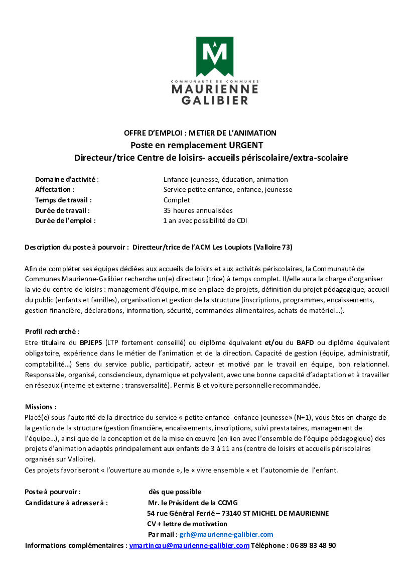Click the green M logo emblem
[214, 56]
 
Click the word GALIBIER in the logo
[215, 100]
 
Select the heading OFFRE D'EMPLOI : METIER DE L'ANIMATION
[200, 133]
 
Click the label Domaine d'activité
[66, 179]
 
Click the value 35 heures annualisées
[198, 210]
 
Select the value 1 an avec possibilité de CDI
[205, 220]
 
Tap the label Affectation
[54, 189]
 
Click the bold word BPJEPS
[91, 342]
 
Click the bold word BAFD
[305, 342]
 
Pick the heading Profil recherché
[52, 332]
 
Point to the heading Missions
[41, 407]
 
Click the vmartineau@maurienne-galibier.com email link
[189, 545]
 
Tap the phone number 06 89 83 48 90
[313, 545]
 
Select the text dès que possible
[175, 492]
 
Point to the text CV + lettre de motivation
[187, 524]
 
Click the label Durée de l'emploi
[65, 220]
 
